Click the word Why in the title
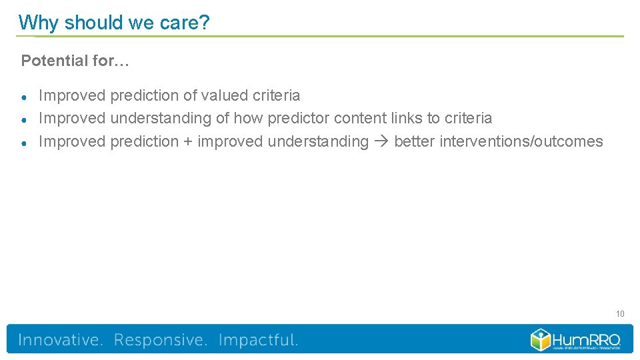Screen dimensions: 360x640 point(39,23)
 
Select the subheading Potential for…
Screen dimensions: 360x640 point(75,61)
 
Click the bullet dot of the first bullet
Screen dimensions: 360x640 point(24,97)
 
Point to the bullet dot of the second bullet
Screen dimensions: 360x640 point(24,119)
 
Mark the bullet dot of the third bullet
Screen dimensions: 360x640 point(24,143)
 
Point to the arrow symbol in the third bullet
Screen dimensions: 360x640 point(381,142)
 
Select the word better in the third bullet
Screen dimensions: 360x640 point(414,141)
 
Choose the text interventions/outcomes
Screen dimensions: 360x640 point(521,141)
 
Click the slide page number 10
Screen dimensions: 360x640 point(619,314)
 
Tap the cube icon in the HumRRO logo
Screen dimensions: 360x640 point(541,339)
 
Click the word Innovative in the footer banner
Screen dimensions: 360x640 point(61,340)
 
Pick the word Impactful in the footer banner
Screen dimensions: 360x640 point(258,340)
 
